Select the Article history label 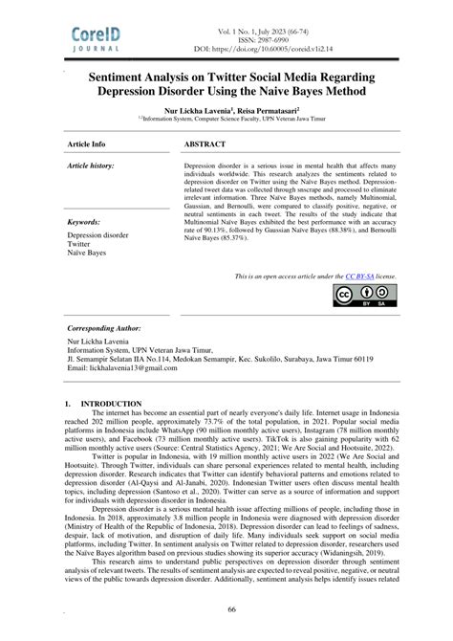93,166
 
